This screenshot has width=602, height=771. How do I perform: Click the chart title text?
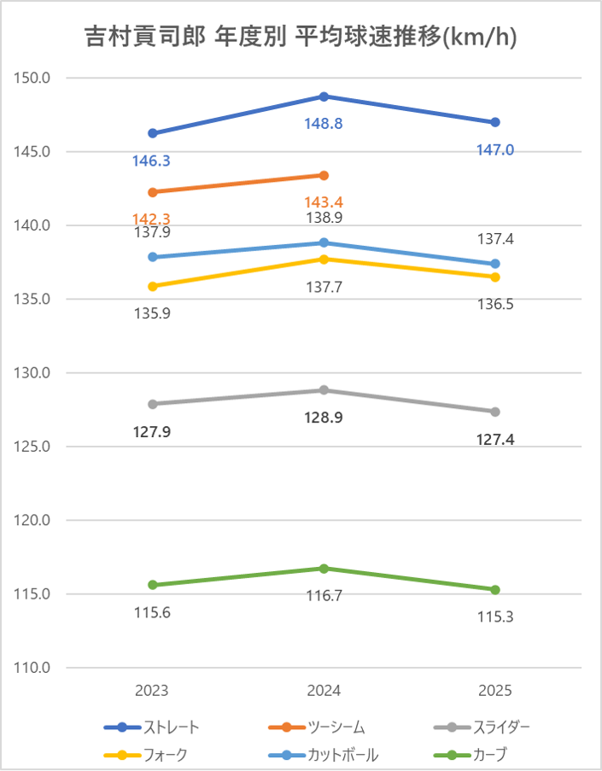tap(301, 37)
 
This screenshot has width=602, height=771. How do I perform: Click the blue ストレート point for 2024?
tap(324, 96)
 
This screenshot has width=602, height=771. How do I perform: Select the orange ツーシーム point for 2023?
tap(153, 192)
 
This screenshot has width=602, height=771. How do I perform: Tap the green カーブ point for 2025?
tap(495, 589)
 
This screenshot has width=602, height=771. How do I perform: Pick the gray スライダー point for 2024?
tap(324, 390)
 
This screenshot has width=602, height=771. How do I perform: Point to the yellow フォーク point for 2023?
tap(153, 286)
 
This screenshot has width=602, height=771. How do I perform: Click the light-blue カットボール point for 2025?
tap(495, 264)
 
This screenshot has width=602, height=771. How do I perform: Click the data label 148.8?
tap(324, 124)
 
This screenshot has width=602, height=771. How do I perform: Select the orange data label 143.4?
tap(324, 202)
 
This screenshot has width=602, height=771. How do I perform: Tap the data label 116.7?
tap(324, 596)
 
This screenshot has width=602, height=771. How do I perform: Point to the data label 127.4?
tap(495, 440)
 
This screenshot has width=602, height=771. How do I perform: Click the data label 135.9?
tap(153, 313)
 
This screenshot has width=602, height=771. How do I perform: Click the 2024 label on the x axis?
tap(324, 691)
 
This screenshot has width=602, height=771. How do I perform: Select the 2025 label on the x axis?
tap(495, 691)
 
